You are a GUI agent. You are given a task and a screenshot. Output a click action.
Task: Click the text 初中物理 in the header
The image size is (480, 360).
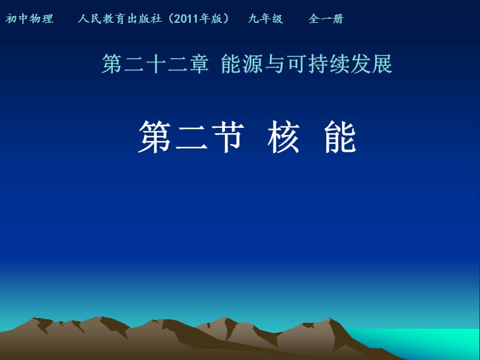pyautogui.click(x=29, y=19)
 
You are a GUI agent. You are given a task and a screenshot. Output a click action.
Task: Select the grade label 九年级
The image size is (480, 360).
pyautogui.click(x=265, y=19)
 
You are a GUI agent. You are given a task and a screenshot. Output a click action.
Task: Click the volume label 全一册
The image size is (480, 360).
pyautogui.click(x=326, y=19)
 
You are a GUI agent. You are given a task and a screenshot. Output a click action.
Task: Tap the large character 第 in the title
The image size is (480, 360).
pyautogui.click(x=156, y=137)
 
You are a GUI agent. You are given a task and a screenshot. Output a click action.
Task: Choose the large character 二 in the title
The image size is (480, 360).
pyautogui.click(x=193, y=137)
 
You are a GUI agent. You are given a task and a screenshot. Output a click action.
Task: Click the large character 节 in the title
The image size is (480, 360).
pyautogui.click(x=230, y=137)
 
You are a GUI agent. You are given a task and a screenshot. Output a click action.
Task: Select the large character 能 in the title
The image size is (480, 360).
pyautogui.click(x=340, y=137)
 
